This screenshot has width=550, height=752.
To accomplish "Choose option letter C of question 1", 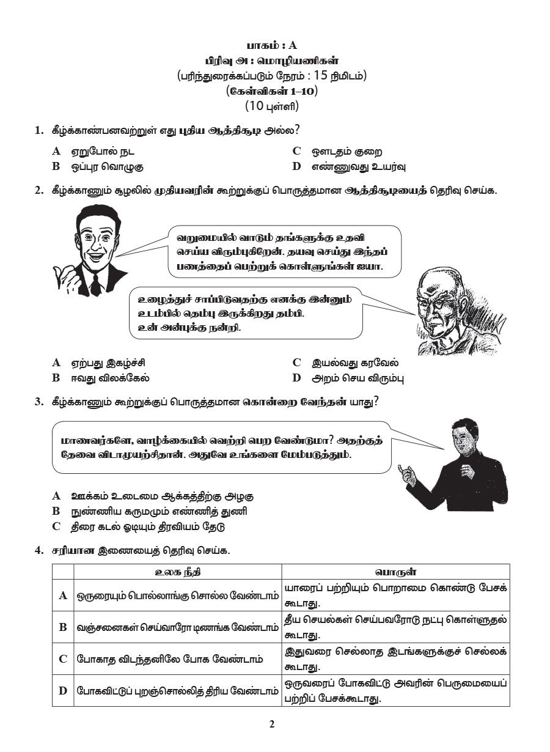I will tap(296, 151).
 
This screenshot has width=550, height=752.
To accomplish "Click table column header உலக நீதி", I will tap(177, 572).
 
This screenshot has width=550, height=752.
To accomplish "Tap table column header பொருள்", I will tap(395, 572).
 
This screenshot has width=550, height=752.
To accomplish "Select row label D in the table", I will tap(62, 691).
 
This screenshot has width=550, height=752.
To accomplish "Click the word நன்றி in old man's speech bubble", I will tap(228, 328).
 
